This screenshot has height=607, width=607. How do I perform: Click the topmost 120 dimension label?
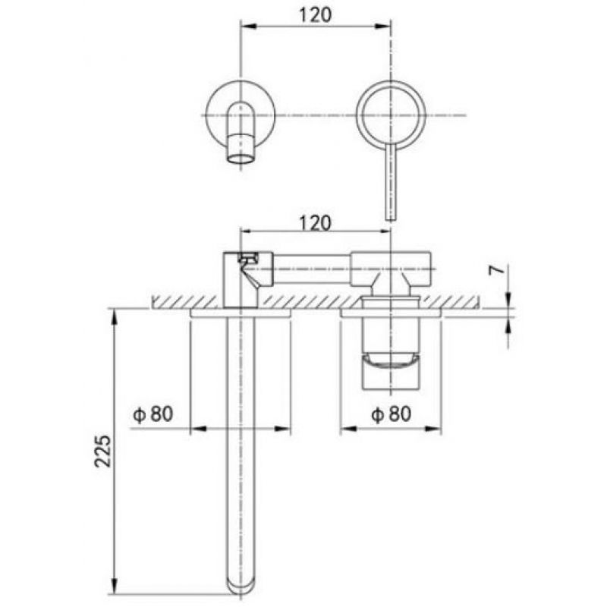point(315,15)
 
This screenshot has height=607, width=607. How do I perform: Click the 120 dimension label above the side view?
point(315,223)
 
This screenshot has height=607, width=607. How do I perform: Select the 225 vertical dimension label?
point(103,451)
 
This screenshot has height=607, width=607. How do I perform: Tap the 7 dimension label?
point(498,271)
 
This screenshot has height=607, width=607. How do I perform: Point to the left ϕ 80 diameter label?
point(153,414)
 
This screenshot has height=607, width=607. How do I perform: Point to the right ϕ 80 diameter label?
point(391,414)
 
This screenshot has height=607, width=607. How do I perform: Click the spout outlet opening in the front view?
point(241,159)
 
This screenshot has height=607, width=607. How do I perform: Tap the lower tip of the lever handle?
point(391,220)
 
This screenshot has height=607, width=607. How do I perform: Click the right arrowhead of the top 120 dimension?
point(382,26)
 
